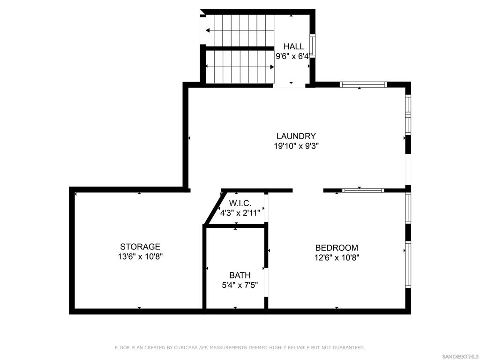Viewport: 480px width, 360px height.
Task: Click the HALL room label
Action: pyautogui.click(x=293, y=46)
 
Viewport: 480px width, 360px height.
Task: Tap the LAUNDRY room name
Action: pyautogui.click(x=296, y=136)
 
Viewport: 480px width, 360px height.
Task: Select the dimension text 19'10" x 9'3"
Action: pyautogui.click(x=296, y=146)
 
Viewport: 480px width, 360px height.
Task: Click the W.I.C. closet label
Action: pyautogui.click(x=240, y=203)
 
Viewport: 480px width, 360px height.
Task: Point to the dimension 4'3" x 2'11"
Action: pyautogui.click(x=240, y=212)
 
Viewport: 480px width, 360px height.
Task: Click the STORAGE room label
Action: pyautogui.click(x=140, y=247)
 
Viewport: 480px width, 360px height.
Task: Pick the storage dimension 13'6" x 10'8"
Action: pyautogui.click(x=140, y=256)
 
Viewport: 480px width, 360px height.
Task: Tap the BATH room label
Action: pyautogui.click(x=240, y=275)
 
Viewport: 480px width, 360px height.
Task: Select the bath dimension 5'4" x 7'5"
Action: pyautogui.click(x=240, y=285)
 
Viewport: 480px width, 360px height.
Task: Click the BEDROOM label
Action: pyautogui.click(x=337, y=247)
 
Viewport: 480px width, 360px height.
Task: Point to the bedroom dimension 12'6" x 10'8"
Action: pyautogui.click(x=337, y=257)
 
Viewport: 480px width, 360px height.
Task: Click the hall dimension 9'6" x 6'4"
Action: pyautogui.click(x=293, y=56)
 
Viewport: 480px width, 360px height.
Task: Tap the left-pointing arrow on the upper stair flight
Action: pyautogui.click(x=208, y=30)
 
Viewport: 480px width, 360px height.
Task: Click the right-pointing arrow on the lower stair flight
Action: pyautogui.click(x=272, y=67)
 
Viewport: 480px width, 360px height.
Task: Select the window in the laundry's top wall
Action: pyautogui.click(x=363, y=84)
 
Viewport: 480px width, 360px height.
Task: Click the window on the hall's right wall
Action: pyautogui.click(x=312, y=45)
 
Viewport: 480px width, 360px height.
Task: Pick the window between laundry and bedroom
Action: pyautogui.click(x=363, y=190)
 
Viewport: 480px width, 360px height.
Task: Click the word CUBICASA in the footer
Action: pyautogui.click(x=186, y=347)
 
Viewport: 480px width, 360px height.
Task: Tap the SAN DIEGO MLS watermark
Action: pyautogui.click(x=460, y=356)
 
